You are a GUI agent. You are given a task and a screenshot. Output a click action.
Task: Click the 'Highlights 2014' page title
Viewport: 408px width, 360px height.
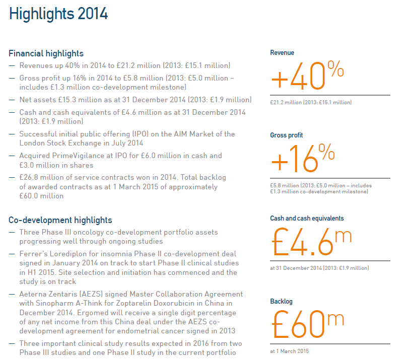[x=58, y=14]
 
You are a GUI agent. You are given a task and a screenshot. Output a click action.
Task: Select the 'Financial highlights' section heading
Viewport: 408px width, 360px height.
[x=46, y=53]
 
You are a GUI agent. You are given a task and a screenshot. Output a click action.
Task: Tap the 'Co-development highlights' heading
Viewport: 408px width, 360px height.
[x=60, y=220]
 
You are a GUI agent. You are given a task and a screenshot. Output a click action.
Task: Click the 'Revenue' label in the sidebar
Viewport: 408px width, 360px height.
[x=282, y=53]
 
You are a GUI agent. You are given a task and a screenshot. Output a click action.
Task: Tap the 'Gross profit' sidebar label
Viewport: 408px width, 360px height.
[x=287, y=135]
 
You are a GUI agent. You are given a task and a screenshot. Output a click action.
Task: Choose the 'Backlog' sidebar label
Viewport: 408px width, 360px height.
[x=281, y=302]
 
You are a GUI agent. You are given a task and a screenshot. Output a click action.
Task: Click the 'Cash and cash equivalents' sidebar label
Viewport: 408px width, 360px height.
[x=307, y=219]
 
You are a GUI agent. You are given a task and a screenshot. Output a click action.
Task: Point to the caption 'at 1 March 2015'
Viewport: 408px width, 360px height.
[x=290, y=351]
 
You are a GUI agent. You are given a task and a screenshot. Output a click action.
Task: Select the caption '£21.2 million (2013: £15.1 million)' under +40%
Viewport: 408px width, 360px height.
[x=311, y=103]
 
